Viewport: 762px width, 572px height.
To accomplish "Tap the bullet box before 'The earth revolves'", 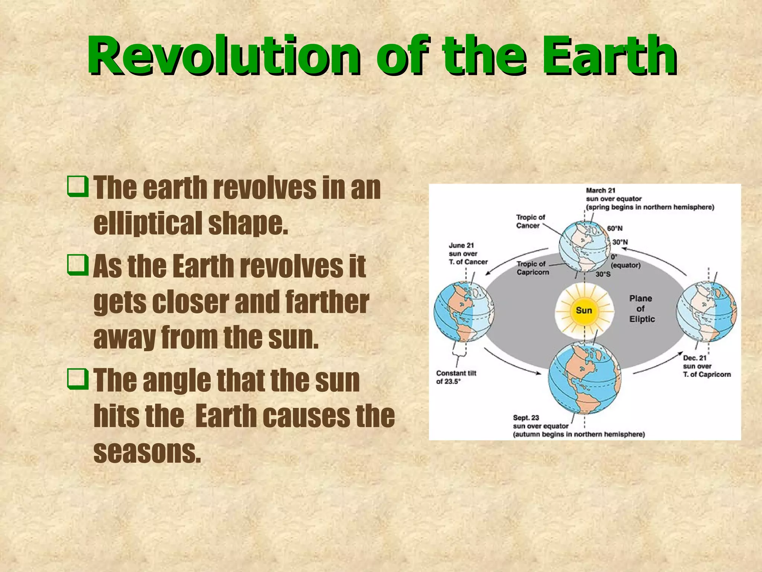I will pyautogui.click(x=77, y=187).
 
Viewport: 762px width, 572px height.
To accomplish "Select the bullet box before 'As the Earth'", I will pyautogui.click(x=77, y=265).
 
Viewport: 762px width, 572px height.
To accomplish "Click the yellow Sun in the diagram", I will pyautogui.click(x=584, y=310).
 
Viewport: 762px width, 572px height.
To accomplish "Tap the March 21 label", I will pyautogui.click(x=601, y=191).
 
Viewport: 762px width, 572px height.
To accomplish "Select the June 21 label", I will pyautogui.click(x=461, y=245).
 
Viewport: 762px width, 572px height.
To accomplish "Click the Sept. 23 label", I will pyautogui.click(x=526, y=418).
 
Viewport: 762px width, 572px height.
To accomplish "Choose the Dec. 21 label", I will pyautogui.click(x=694, y=358).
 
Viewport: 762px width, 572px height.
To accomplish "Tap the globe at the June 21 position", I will pyautogui.click(x=464, y=312).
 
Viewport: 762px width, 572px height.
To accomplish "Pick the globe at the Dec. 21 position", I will pyautogui.click(x=706, y=312).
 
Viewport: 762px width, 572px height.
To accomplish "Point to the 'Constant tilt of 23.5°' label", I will pyautogui.click(x=456, y=377).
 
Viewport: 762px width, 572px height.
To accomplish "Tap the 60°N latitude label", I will pyautogui.click(x=615, y=228).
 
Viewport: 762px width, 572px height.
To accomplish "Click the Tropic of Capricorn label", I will pyautogui.click(x=532, y=268).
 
